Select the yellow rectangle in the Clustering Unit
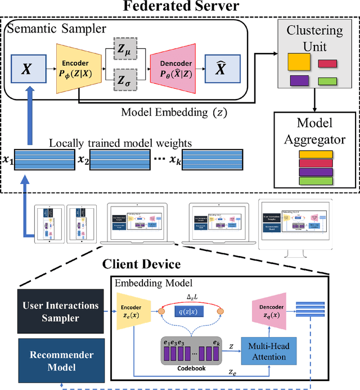(x=299, y=60)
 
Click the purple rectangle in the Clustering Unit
(x=300, y=80)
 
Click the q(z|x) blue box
(x=197, y=311)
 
